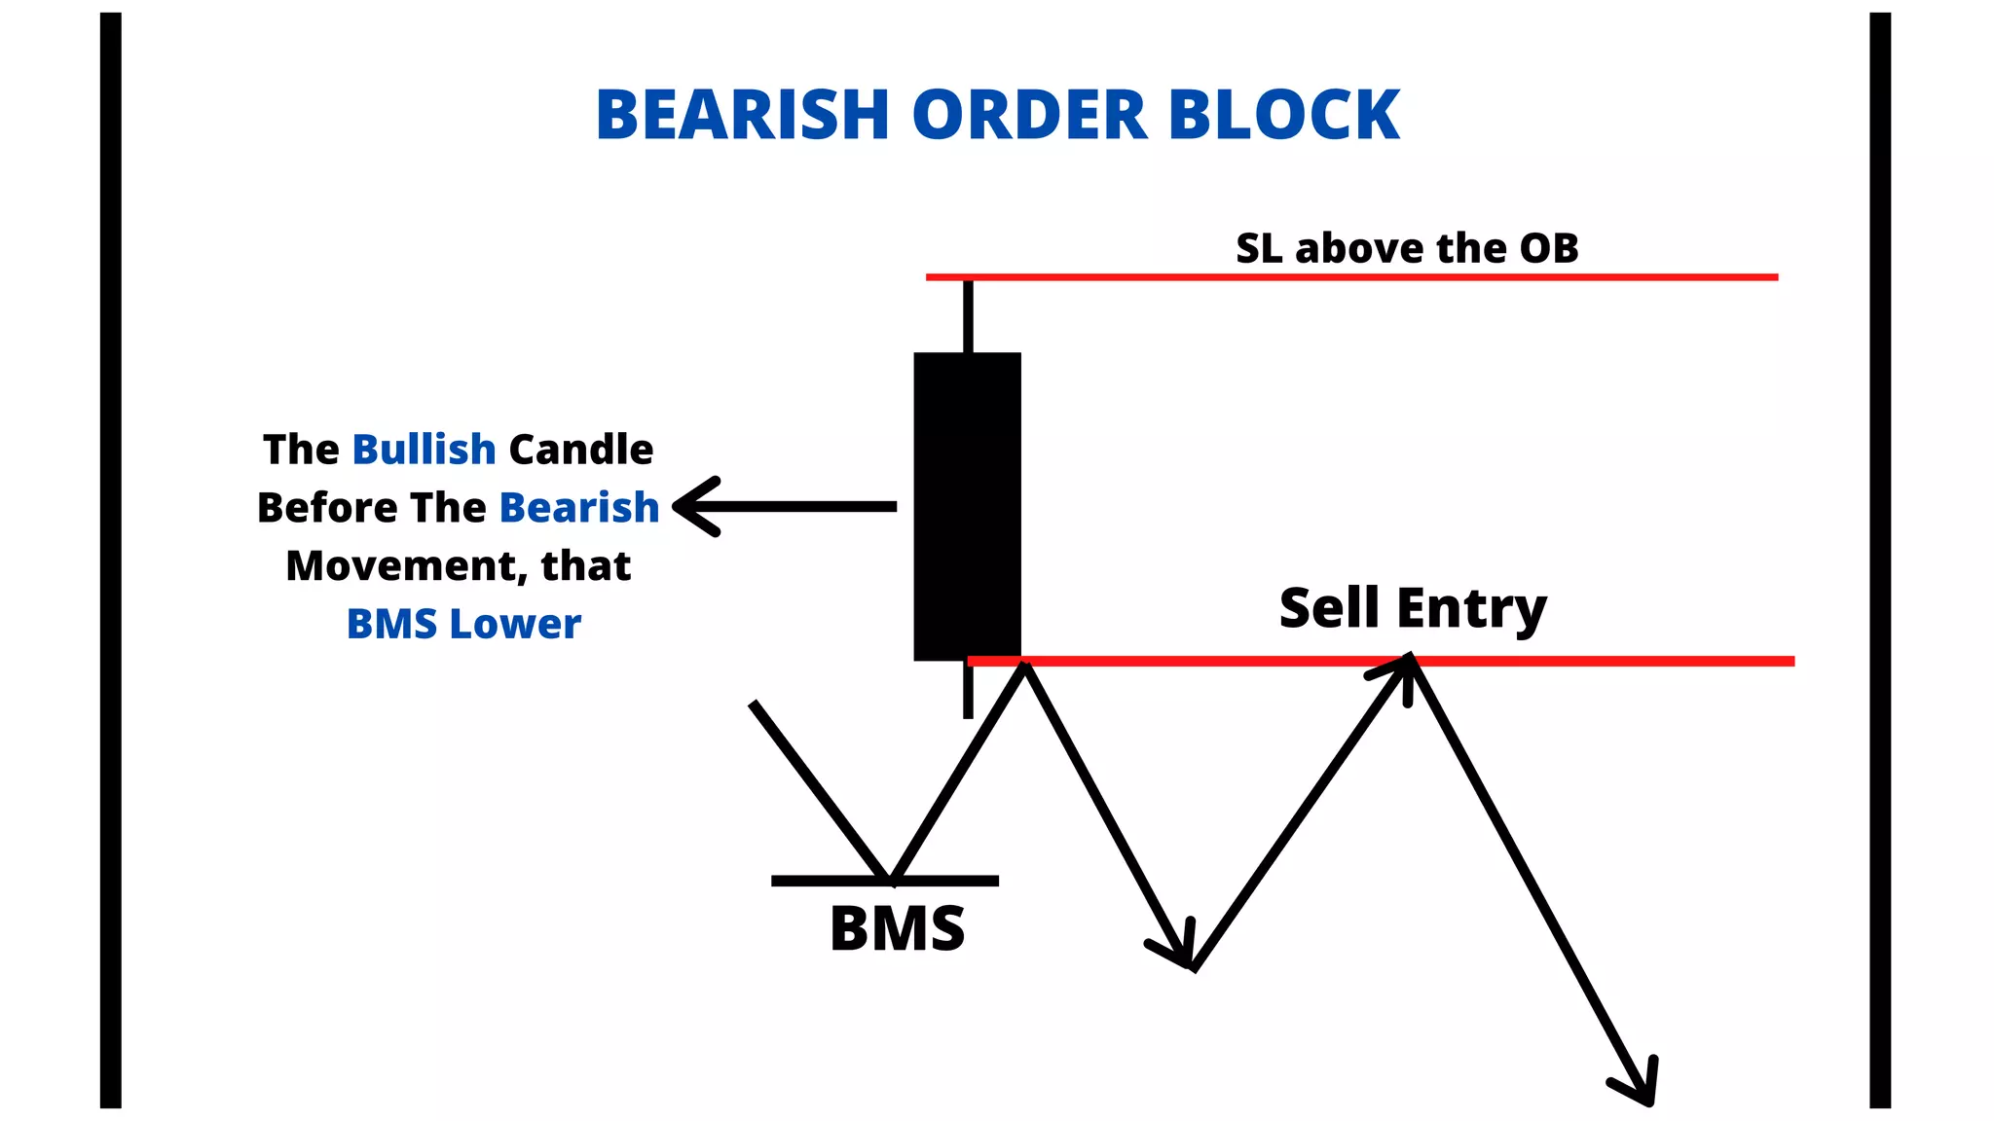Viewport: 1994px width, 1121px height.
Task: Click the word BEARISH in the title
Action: coord(742,115)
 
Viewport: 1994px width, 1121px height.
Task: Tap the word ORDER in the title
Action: coord(1029,115)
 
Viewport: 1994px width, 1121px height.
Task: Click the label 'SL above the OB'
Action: coord(1407,248)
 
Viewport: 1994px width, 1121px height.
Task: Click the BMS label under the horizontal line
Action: coord(897,928)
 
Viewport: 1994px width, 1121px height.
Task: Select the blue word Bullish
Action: coord(424,450)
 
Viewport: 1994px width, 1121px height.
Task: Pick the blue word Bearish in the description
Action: coord(579,508)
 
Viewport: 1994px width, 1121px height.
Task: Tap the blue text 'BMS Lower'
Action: coord(463,624)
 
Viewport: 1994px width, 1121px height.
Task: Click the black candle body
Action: coord(967,506)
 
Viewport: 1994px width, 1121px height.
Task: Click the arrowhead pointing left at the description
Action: coord(693,506)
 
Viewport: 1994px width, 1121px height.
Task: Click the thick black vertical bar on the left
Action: coord(111,560)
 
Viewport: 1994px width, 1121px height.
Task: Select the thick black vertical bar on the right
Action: coord(1880,560)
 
